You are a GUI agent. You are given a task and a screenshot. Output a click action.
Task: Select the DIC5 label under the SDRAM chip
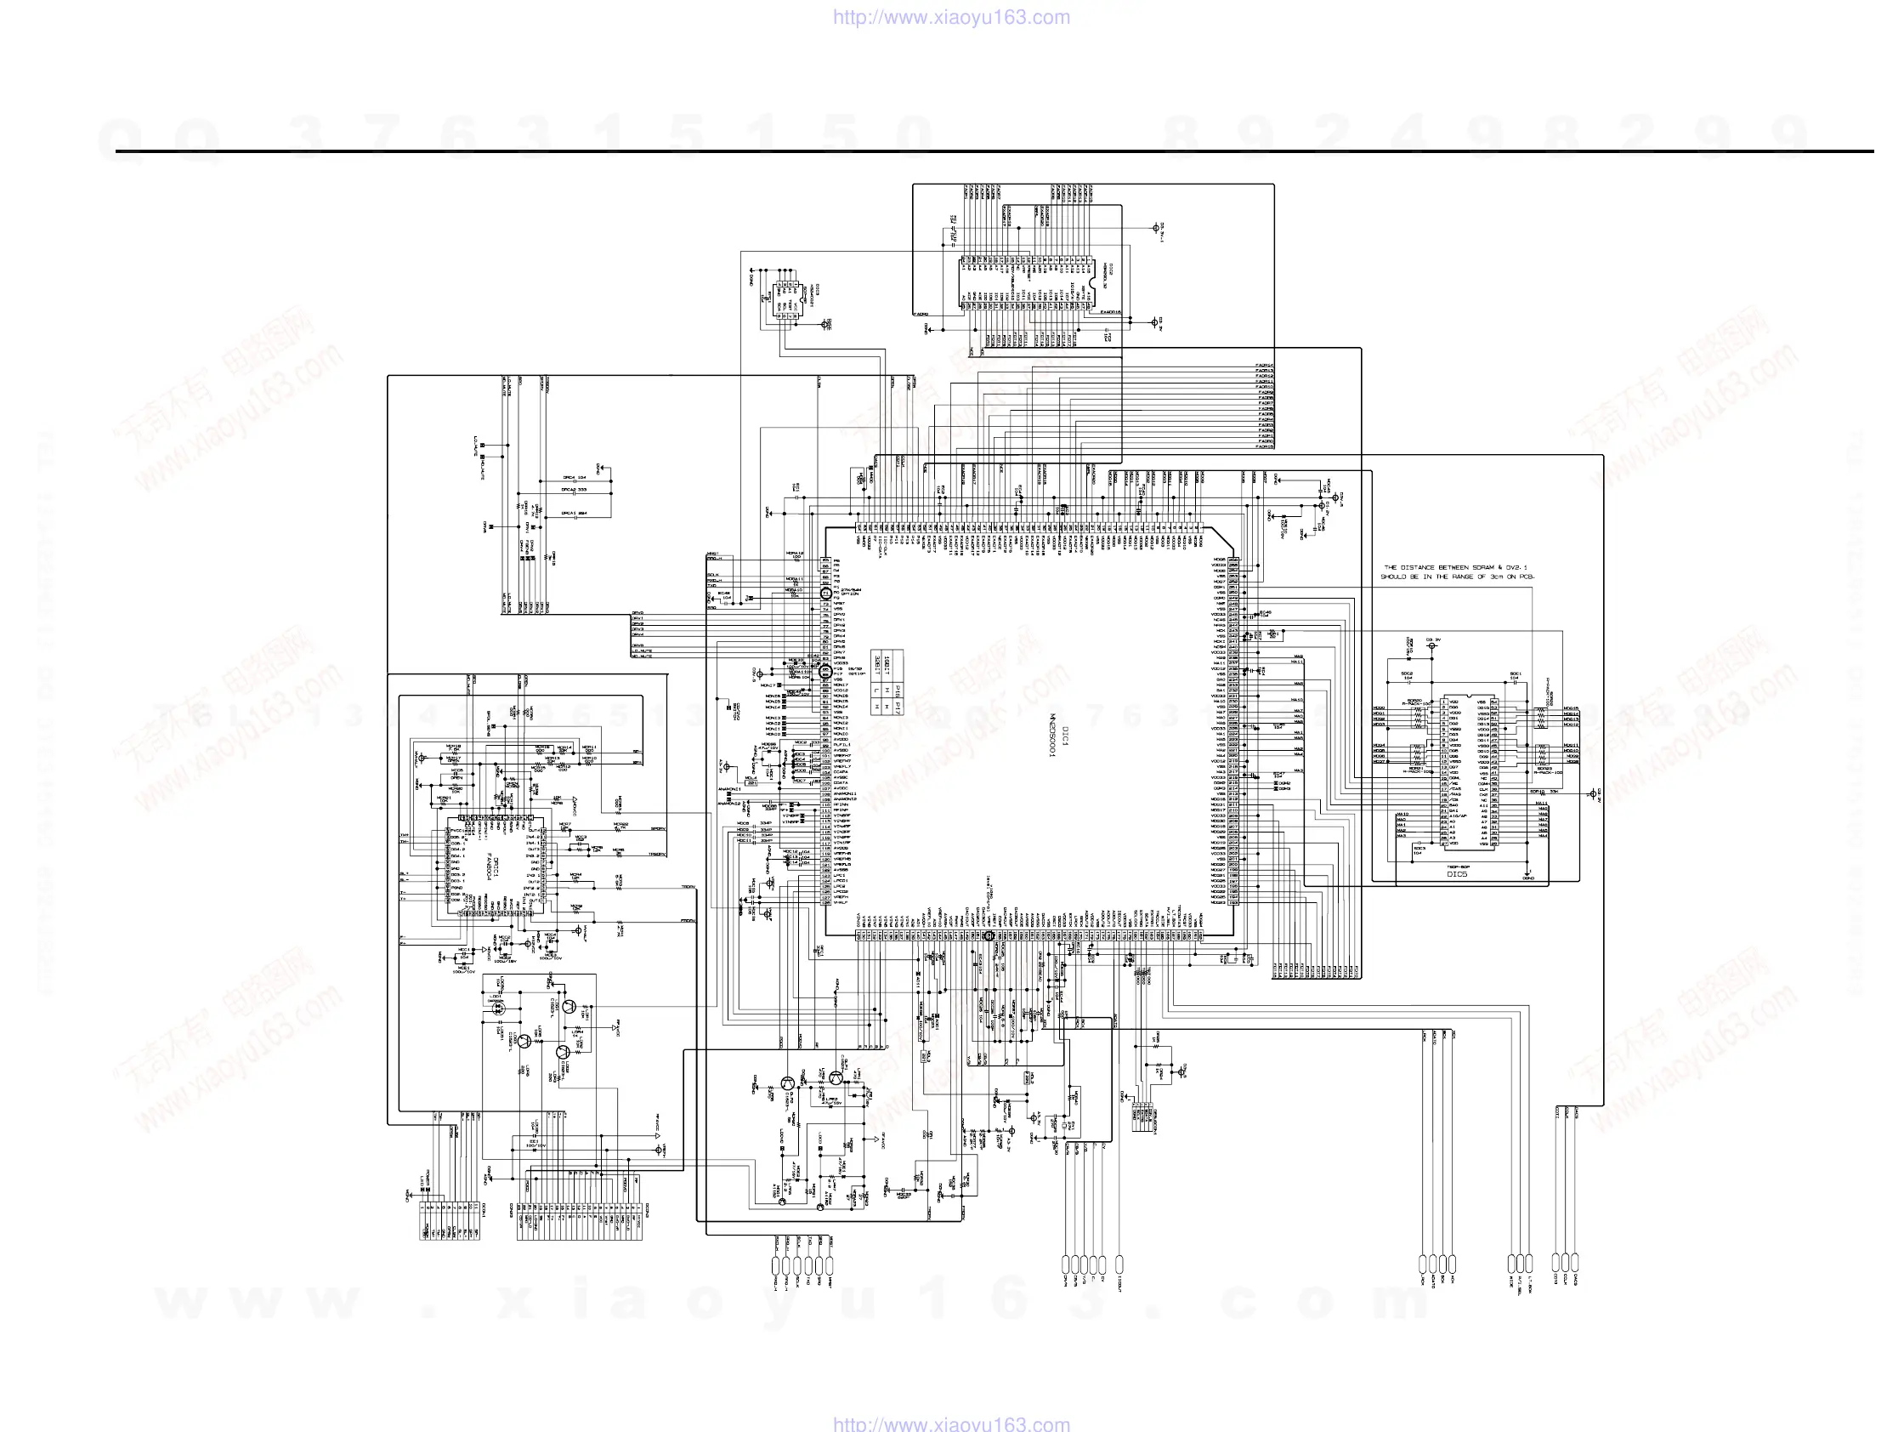pyautogui.click(x=1456, y=874)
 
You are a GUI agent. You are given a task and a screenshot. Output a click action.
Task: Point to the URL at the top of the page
pyautogui.click(x=951, y=17)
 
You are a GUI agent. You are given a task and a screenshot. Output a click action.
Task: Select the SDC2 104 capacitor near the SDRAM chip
pyautogui.click(x=1407, y=676)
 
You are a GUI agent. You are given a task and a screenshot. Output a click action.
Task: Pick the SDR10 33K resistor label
pyautogui.click(x=1544, y=792)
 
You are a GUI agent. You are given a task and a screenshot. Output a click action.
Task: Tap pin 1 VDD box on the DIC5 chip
pyautogui.click(x=1445, y=702)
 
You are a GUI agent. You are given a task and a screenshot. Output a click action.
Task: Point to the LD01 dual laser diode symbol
pyautogui.click(x=497, y=1009)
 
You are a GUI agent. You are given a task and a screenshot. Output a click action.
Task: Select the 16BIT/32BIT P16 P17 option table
pyautogui.click(x=887, y=682)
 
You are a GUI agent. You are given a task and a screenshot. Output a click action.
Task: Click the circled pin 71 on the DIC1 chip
pyautogui.click(x=825, y=594)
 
